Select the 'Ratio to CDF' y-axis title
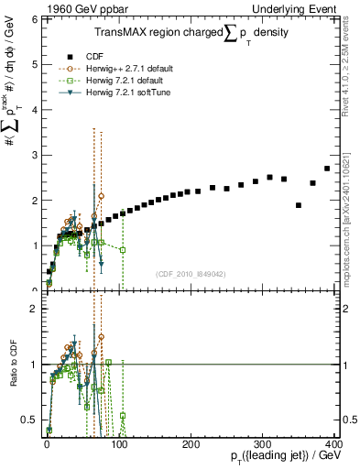(16, 365)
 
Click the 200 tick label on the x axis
(191, 442)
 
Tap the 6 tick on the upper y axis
(34, 19)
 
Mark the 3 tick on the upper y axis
(34, 155)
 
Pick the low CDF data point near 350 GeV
(299, 205)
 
